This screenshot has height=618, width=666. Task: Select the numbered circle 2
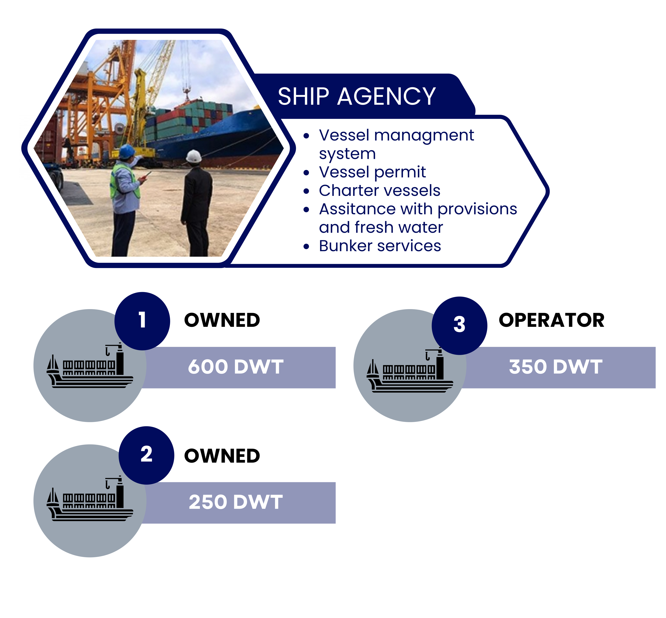tap(146, 455)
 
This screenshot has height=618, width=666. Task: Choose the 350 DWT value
tap(555, 367)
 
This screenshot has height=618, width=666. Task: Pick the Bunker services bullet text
tap(380, 246)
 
